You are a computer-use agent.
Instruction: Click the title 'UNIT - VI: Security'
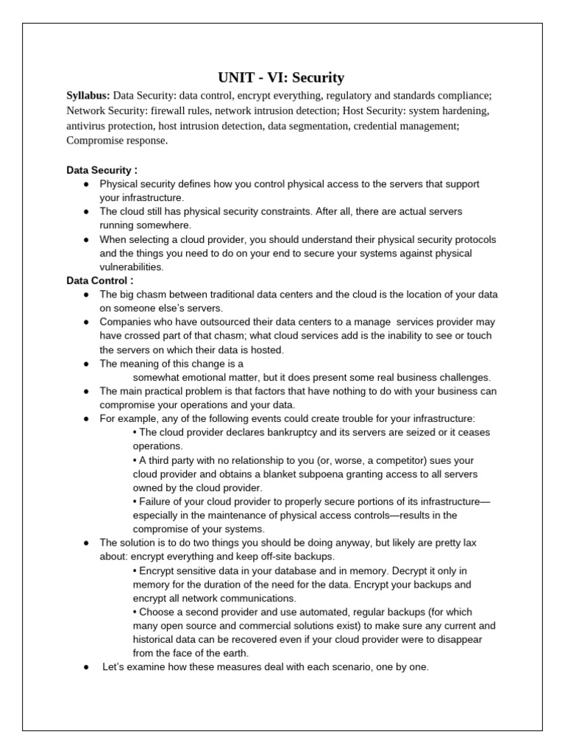coord(281,77)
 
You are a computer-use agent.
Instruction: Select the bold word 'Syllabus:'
coord(88,96)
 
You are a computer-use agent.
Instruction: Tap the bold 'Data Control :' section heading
coord(100,281)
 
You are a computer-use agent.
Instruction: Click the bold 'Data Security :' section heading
coord(102,169)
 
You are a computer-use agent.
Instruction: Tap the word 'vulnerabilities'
coord(132,267)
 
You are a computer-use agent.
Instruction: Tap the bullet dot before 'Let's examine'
coord(86,667)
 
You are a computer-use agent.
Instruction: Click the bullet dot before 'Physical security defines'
coord(86,183)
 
